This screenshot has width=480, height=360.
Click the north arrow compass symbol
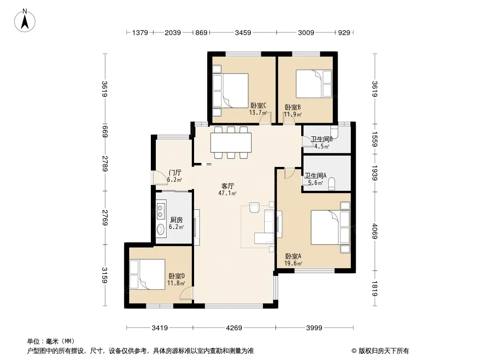[25, 21]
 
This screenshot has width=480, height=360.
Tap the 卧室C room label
[258, 105]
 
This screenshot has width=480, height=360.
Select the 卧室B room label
[293, 108]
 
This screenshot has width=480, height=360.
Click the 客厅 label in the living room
[227, 186]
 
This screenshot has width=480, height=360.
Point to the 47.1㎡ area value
[227, 193]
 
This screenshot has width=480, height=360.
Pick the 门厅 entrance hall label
[175, 173]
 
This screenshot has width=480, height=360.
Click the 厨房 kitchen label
[177, 220]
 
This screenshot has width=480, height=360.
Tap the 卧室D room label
[177, 276]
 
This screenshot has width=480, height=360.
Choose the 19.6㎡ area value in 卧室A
[293, 263]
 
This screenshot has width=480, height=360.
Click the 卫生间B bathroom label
[322, 139]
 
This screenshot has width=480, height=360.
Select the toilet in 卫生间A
[331, 184]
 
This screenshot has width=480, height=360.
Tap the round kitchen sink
[160, 229]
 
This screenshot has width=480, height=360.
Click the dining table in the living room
[231, 143]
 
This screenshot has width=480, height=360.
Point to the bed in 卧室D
[147, 274]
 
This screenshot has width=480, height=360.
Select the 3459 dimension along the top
[243, 32]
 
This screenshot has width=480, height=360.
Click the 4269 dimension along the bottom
[234, 328]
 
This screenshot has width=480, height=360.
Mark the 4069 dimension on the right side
[375, 231]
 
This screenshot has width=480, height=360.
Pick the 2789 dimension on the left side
[105, 163]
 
